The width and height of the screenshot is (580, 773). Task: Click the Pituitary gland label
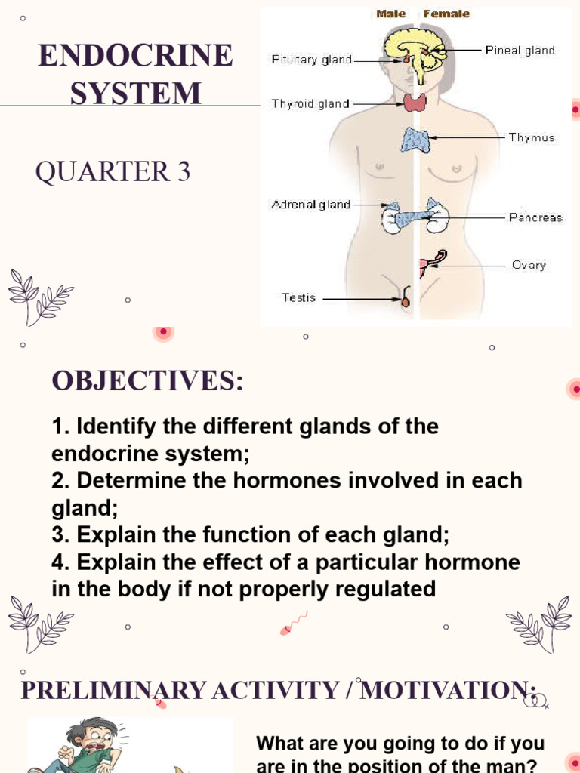[312, 60]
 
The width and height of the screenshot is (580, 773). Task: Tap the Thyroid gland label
[310, 104]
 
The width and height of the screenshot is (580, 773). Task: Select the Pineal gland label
[520, 51]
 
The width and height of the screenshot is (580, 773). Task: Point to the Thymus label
[532, 137]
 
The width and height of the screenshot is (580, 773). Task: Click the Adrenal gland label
[311, 205]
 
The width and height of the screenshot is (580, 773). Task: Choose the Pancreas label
[535, 217]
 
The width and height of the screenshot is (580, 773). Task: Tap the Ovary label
[529, 265]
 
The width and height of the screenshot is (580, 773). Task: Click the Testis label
[299, 297]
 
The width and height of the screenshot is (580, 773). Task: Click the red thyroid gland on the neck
[415, 102]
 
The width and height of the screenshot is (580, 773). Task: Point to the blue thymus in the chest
[415, 140]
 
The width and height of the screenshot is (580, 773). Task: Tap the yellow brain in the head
[414, 47]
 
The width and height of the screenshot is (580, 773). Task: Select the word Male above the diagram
[391, 14]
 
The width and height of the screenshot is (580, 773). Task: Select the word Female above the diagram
[446, 14]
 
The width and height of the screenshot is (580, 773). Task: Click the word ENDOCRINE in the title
[136, 57]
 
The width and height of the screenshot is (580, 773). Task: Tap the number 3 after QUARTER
[184, 173]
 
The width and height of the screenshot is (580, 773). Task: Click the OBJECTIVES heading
[147, 381]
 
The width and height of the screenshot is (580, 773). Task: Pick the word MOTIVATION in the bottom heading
[449, 690]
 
